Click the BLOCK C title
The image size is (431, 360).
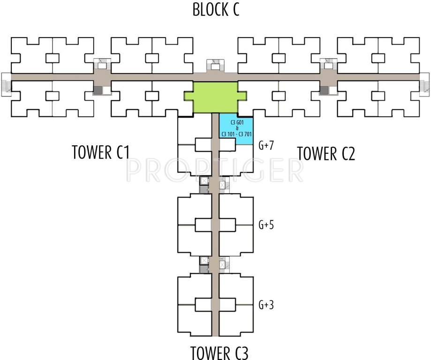point(216,9)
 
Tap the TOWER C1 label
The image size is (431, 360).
point(101,153)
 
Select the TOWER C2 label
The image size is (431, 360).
point(326,153)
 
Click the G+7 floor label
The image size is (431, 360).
point(266,146)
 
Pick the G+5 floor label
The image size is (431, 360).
point(266,225)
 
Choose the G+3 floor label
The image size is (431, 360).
point(266,305)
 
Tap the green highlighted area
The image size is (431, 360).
point(215,97)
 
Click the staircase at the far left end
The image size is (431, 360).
point(6,85)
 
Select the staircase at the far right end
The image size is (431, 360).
point(424,85)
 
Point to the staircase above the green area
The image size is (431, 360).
point(215,65)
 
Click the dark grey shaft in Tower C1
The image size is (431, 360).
point(98,90)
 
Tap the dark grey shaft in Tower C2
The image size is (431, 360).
point(324,90)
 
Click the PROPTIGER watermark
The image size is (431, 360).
point(215,170)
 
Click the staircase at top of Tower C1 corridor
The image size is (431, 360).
point(102,64)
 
